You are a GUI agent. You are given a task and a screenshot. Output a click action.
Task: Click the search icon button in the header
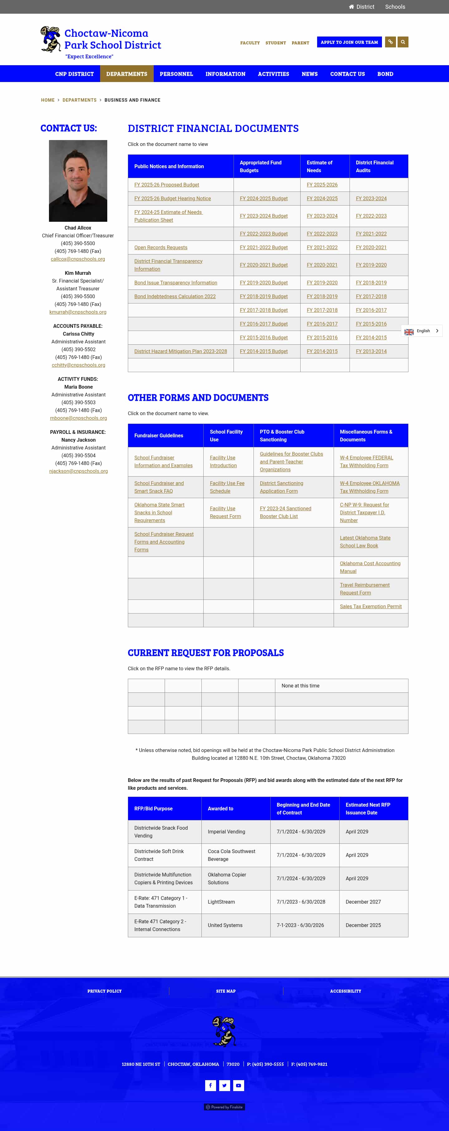click(x=403, y=42)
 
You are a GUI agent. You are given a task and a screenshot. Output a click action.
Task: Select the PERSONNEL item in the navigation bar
click(x=176, y=74)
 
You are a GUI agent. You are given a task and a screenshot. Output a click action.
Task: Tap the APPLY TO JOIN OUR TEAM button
click(x=349, y=42)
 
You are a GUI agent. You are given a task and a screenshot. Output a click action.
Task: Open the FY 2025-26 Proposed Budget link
click(x=166, y=185)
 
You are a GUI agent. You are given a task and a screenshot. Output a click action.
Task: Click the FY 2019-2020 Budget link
click(x=263, y=283)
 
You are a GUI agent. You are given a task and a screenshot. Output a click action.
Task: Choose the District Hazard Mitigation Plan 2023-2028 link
click(x=181, y=351)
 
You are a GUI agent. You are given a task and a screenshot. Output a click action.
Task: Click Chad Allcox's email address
click(x=78, y=259)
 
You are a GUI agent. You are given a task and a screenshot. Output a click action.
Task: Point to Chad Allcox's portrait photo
click(x=78, y=181)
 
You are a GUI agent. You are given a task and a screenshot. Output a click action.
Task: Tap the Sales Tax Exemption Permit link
click(x=370, y=606)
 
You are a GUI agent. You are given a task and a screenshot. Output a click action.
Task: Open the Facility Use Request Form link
click(x=225, y=512)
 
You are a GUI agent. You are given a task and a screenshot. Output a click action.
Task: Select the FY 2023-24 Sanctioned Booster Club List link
click(x=285, y=512)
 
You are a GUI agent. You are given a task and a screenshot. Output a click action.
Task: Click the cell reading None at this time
click(x=300, y=686)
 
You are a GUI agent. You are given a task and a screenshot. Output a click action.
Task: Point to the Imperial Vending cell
click(x=226, y=832)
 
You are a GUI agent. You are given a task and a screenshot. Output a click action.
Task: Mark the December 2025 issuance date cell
click(x=363, y=925)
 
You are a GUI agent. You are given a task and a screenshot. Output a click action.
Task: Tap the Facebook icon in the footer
click(x=210, y=1085)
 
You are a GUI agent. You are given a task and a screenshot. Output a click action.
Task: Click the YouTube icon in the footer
click(x=238, y=1085)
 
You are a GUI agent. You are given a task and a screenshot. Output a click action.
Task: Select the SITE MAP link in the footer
click(x=226, y=991)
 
